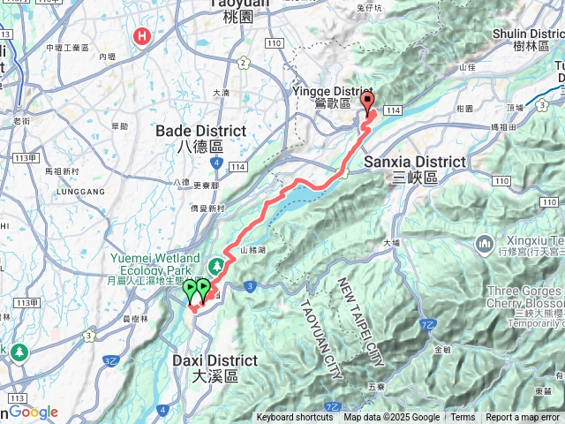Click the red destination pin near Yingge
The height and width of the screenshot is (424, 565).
[367, 102]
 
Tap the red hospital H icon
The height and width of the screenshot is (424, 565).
[141, 36]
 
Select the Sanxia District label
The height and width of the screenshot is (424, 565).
[414, 169]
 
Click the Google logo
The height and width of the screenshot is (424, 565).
[34, 412]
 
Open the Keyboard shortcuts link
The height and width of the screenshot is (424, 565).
[295, 418]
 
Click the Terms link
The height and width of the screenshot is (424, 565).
[463, 418]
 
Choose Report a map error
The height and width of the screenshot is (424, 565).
[524, 418]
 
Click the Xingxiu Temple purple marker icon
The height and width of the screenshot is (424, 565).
[485, 243]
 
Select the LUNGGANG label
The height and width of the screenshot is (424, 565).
[57, 187]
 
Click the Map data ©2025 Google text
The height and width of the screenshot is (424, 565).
[391, 418]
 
